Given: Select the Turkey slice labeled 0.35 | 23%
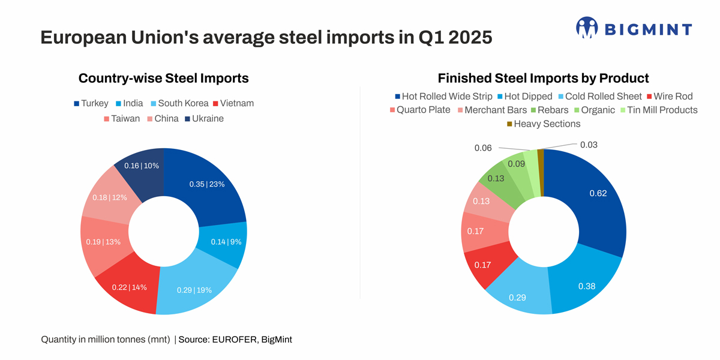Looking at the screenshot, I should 207,185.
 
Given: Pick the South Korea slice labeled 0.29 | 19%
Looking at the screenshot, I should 194,289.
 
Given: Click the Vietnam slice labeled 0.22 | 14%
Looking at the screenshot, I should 129,287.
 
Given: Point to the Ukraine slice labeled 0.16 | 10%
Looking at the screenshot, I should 142,166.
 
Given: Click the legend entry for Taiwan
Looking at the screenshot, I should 122,119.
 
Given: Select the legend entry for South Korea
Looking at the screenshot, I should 178,103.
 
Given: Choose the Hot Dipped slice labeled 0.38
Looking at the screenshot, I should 586,286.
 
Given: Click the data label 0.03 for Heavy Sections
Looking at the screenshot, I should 589,145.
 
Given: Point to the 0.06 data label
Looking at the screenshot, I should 483,148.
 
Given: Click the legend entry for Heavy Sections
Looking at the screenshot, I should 544,124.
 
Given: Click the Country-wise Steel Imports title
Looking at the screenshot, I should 163,78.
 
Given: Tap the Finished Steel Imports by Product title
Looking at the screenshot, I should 543,78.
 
